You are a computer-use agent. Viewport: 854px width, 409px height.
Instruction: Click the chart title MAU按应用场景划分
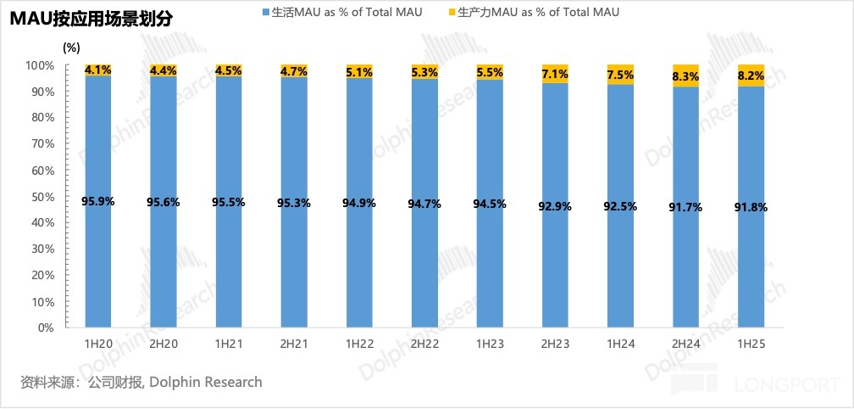(91, 18)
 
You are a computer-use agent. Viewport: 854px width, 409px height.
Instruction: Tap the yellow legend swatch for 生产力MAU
(451, 13)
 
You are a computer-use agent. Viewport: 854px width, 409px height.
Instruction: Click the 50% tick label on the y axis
(42, 197)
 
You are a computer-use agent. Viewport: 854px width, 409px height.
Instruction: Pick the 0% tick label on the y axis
(46, 328)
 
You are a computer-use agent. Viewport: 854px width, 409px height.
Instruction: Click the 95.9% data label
(98, 201)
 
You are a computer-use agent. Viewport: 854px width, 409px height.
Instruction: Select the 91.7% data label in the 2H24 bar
(685, 207)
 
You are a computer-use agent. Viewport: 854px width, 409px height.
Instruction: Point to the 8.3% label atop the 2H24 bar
(685, 76)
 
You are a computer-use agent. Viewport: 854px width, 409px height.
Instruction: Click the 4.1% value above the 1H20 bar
(98, 70)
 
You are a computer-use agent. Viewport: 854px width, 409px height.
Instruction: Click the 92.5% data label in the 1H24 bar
(620, 206)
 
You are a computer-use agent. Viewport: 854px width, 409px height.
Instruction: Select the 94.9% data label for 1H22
(359, 203)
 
